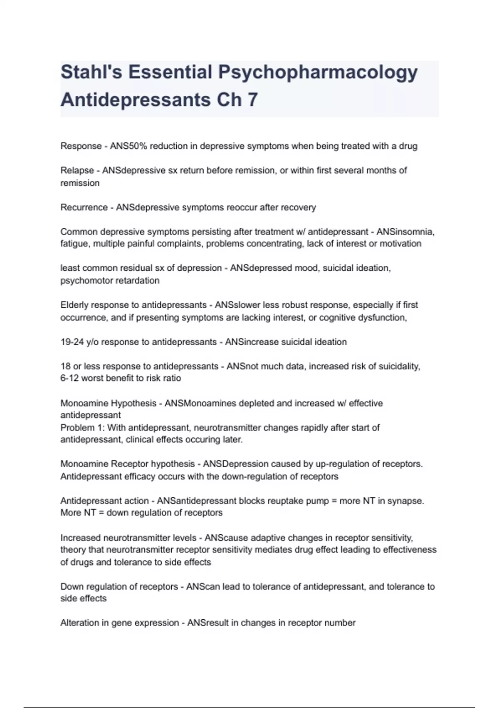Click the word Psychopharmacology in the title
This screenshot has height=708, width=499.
[x=318, y=72]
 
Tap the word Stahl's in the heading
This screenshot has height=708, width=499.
[x=91, y=72]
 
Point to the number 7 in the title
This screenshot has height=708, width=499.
[x=252, y=100]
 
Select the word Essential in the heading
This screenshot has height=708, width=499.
[x=170, y=72]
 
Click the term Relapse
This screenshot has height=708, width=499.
[x=77, y=170]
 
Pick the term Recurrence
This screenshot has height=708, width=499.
[x=84, y=207]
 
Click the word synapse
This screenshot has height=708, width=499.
[x=407, y=501]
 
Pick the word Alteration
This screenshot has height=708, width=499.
[x=78, y=623]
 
